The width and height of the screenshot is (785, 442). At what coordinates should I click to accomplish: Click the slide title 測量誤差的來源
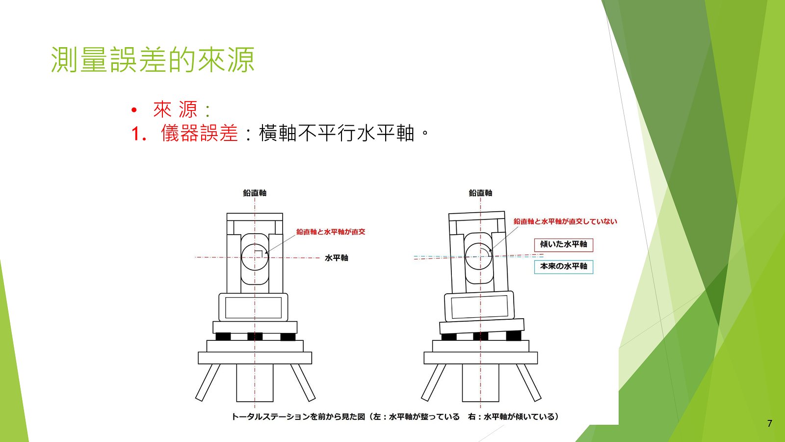pyautogui.click(x=153, y=59)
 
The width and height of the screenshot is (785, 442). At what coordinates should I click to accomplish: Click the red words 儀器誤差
pyautogui.click(x=199, y=133)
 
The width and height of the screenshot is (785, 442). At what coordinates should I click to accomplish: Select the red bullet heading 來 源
pyautogui.click(x=175, y=110)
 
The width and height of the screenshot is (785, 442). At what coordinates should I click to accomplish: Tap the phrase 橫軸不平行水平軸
pyautogui.click(x=337, y=133)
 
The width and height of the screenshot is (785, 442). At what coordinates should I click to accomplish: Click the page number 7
pyautogui.click(x=770, y=423)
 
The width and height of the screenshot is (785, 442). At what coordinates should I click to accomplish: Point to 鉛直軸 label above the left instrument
pyautogui.click(x=255, y=193)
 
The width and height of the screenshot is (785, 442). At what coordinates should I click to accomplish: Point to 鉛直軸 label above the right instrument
pyautogui.click(x=480, y=193)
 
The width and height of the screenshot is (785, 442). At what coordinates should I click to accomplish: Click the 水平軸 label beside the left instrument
pyautogui.click(x=337, y=258)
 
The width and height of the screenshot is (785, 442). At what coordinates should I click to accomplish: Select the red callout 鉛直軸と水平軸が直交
pyautogui.click(x=331, y=232)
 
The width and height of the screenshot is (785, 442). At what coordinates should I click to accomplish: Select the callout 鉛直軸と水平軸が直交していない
pyautogui.click(x=565, y=221)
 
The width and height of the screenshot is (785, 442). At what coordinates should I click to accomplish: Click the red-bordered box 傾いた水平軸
pyautogui.click(x=564, y=245)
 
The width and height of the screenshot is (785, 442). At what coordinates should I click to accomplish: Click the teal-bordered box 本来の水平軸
pyautogui.click(x=564, y=267)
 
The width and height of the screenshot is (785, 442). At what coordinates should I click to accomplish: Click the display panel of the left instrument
pyautogui.click(x=253, y=307)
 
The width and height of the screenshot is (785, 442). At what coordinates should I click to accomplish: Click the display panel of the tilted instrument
pyautogui.click(x=479, y=306)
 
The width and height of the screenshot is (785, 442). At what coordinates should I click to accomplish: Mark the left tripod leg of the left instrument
pyautogui.click(x=208, y=383)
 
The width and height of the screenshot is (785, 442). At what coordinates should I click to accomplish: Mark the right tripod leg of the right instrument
pyautogui.click(x=528, y=383)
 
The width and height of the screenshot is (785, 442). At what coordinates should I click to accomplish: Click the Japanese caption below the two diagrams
pyautogui.click(x=395, y=417)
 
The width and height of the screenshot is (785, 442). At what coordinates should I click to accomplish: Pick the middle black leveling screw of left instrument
pyautogui.click(x=255, y=337)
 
